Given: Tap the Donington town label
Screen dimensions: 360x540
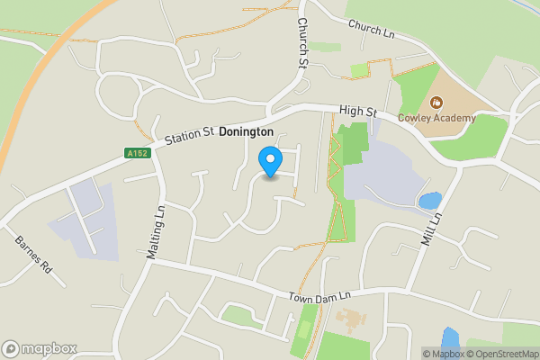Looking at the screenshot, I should pos(246,130).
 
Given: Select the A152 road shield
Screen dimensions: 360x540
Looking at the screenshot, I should pos(137,153).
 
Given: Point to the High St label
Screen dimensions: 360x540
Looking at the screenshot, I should pos(357,111).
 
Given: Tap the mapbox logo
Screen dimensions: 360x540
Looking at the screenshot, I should pos(40,348).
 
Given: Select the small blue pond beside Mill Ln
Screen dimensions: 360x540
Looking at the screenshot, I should pos(430,201).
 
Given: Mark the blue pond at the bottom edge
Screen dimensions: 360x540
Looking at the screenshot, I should pos(450,341).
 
